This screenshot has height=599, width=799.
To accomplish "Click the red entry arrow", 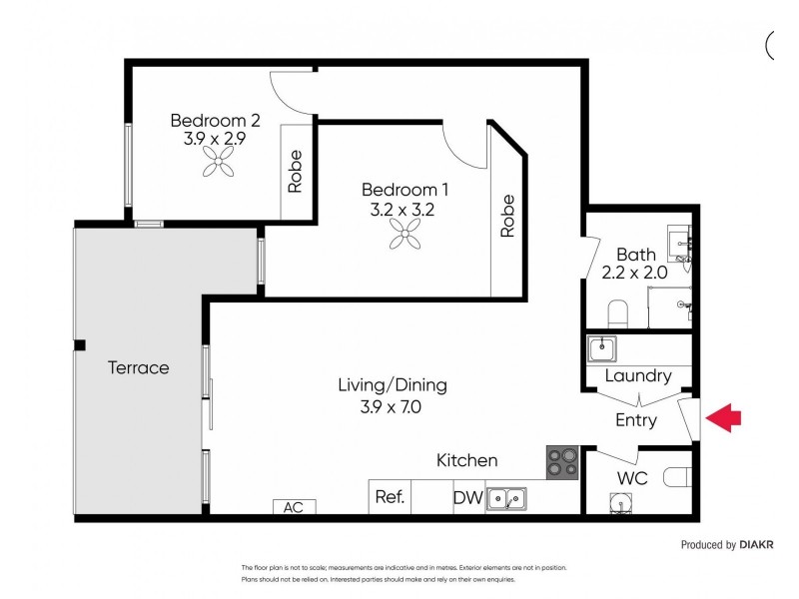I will pos(724,418).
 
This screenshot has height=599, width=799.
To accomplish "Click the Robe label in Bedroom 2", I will pos(296,171).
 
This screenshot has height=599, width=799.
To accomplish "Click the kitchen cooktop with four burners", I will pos(562,462).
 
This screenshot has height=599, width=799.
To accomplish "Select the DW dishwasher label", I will pos(467,497).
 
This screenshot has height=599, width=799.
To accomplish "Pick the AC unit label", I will pos(293,507).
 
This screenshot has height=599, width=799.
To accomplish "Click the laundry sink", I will pos(602,348).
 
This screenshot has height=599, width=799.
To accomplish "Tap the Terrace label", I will pos(138,367).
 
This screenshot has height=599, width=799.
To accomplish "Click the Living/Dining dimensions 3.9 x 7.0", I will pos(392,407).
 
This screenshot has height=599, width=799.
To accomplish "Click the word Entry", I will pos(635,420).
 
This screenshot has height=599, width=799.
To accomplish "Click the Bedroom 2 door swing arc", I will pos(293,92).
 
